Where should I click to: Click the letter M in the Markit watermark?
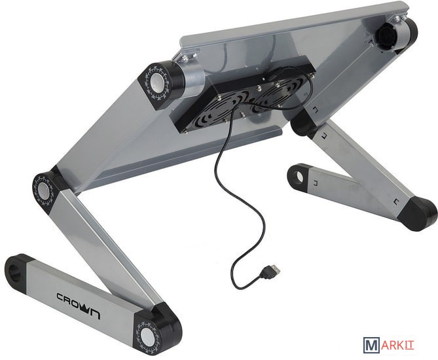371,345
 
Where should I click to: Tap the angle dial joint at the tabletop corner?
157,82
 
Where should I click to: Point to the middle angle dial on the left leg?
45,190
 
